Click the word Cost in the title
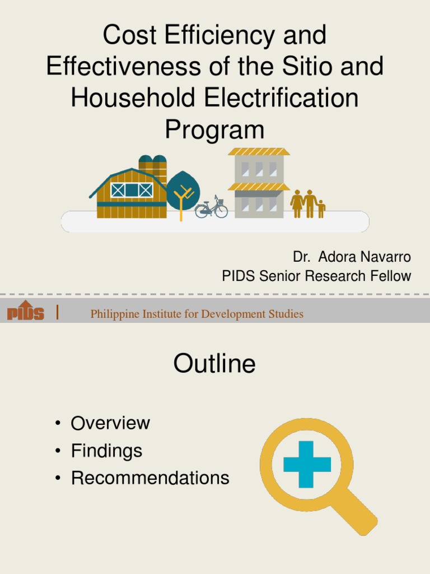(x=127, y=36)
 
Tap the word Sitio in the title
(x=309, y=67)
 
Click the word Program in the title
(x=214, y=129)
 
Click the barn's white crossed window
(x=132, y=190)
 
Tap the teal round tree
(x=183, y=189)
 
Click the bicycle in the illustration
(x=211, y=208)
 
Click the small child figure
(x=321, y=209)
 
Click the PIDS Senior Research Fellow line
(x=316, y=276)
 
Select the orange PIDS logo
(x=26, y=311)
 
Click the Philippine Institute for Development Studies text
(x=197, y=314)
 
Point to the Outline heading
(x=214, y=364)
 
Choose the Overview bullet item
(x=110, y=423)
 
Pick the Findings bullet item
(x=106, y=451)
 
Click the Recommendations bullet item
(x=150, y=478)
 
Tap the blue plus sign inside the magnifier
(x=307, y=464)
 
